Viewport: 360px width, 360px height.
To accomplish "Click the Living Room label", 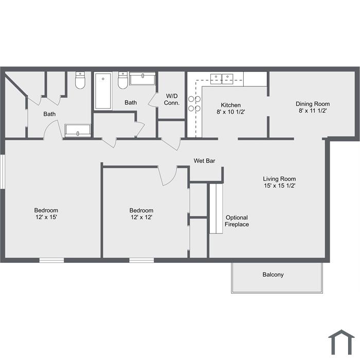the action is [279, 179].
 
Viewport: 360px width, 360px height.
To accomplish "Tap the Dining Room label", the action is [313, 104].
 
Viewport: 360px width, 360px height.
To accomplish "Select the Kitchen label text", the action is [231, 105].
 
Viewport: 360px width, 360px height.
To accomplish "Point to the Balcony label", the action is [273, 275].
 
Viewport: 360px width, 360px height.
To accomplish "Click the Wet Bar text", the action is [204, 160].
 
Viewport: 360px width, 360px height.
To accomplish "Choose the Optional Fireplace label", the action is [237, 221].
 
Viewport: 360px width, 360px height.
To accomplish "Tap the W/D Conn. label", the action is [172, 99].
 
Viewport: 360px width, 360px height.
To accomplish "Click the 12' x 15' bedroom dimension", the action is [46, 217].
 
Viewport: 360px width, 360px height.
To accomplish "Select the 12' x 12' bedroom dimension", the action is [141, 217].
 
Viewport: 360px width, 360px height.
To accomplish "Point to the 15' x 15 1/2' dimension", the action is [279, 186].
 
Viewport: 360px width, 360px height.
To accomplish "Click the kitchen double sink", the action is [222, 79].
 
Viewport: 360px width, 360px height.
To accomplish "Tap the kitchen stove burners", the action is [194, 103].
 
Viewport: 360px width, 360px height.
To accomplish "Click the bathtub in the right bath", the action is [103, 91].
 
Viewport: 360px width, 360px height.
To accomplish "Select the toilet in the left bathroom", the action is [80, 80].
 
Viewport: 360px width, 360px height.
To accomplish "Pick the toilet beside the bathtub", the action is [123, 80].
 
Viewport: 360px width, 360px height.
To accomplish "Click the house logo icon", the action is [341, 342].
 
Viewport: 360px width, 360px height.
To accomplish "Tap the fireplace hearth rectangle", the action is [216, 209].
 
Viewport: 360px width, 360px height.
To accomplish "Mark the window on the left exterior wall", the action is [2, 172].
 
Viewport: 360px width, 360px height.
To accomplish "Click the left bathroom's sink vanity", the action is [78, 131].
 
